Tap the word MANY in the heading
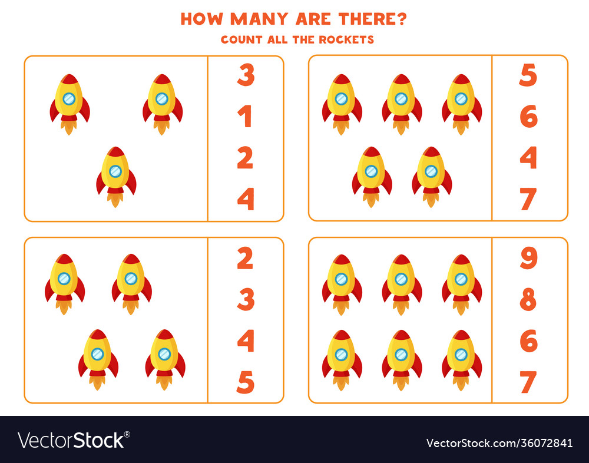pyautogui.click(x=257, y=19)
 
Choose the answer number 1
pyautogui.click(x=246, y=117)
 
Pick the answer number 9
pyautogui.click(x=528, y=258)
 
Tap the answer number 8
pyautogui.click(x=528, y=300)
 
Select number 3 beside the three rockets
pyautogui.click(x=246, y=75)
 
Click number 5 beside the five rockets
pyautogui.click(x=528, y=75)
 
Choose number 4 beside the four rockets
pyautogui.click(x=246, y=341)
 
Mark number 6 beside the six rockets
pyautogui.click(x=528, y=341)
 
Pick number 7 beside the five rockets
pyautogui.click(x=528, y=199)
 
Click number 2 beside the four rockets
pyautogui.click(x=246, y=258)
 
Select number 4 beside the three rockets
pyautogui.click(x=246, y=199)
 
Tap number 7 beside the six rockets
pyautogui.click(x=528, y=382)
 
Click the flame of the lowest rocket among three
pyautogui.click(x=116, y=200)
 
